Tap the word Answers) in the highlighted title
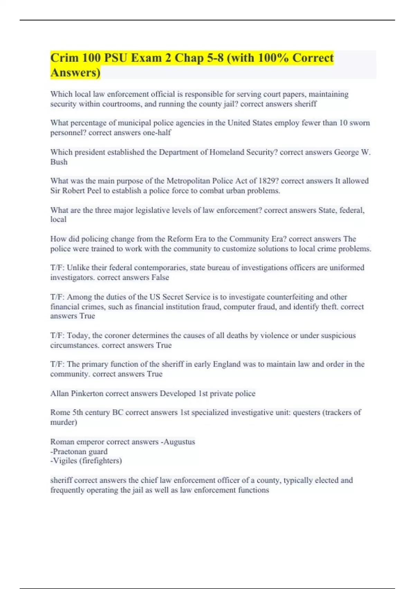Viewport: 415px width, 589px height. coord(75,73)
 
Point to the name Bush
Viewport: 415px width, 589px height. coord(59,162)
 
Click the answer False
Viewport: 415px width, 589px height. coord(160,278)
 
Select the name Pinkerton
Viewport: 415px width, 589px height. coord(87,394)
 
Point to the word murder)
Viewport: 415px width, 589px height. coord(64,422)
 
